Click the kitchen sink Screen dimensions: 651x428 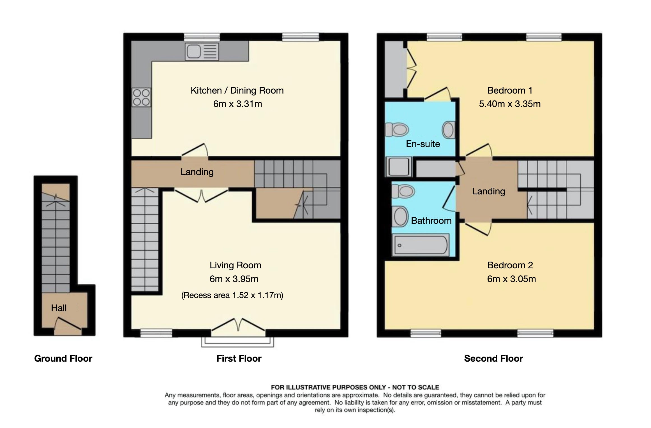[202, 52]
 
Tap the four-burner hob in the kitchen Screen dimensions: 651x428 [141, 97]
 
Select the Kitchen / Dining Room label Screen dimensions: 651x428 [237, 90]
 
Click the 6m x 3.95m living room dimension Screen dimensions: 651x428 [234, 279]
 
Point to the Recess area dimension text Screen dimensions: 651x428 [232, 295]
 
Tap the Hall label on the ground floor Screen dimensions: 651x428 [59, 308]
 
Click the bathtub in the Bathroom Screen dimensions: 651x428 [421, 245]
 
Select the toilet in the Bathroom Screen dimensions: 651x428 [403, 191]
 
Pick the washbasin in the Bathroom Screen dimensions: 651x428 [400, 217]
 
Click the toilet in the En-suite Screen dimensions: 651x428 [397, 130]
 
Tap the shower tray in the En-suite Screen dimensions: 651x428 [399, 166]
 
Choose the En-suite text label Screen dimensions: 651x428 [423, 144]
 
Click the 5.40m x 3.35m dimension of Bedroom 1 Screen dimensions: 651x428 [510, 104]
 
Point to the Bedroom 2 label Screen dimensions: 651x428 [510, 265]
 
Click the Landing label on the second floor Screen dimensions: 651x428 [489, 191]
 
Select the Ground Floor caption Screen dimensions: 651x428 [63, 359]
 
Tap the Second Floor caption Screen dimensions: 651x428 [493, 359]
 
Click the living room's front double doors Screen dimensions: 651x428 [238, 327]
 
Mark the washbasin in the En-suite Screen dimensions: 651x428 [448, 130]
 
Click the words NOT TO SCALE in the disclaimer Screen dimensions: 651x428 [415, 387]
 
